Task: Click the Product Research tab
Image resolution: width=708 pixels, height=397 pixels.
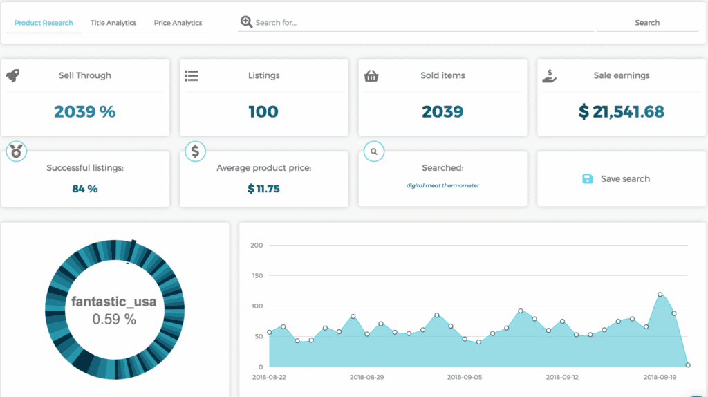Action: [x=44, y=23]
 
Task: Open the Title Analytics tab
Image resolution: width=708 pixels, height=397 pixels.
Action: [x=113, y=23]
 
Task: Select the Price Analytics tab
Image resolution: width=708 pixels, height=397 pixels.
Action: [x=178, y=23]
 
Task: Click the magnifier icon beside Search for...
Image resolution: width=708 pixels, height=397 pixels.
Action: [x=246, y=22]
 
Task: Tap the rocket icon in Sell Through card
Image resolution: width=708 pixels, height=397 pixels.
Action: [x=12, y=75]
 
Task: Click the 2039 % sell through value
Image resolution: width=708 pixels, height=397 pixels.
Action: [x=84, y=111]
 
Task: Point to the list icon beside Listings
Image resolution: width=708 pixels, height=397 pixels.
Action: [x=192, y=75]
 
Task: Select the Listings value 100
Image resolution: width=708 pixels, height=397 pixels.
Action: [x=263, y=111]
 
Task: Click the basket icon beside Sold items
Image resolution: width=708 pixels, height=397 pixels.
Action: [x=371, y=75]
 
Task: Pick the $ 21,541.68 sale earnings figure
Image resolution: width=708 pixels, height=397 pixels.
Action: [x=622, y=111]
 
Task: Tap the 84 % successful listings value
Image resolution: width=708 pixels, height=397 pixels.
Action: [x=84, y=188]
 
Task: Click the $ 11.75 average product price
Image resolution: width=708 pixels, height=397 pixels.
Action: [x=263, y=188]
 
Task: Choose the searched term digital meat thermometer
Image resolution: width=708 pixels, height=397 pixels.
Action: [x=442, y=185]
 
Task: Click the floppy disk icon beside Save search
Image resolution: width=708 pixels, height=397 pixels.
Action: [x=587, y=178]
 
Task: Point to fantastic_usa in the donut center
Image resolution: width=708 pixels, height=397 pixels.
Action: [x=114, y=302]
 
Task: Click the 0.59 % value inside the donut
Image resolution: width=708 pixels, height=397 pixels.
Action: [x=114, y=319]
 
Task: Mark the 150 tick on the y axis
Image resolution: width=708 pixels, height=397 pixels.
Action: [x=257, y=275]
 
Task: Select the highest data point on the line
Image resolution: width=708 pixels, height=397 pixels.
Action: [x=660, y=295]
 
